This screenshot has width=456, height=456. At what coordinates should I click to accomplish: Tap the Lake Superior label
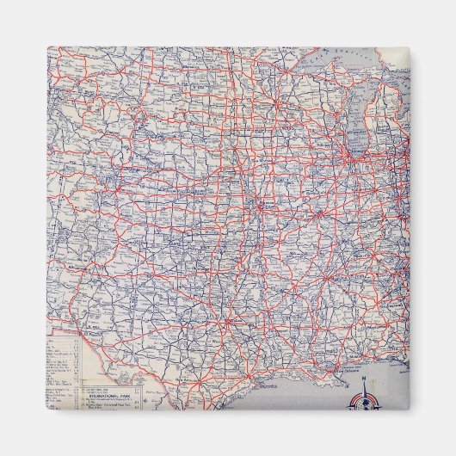pyautogui.click(x=345, y=55)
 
